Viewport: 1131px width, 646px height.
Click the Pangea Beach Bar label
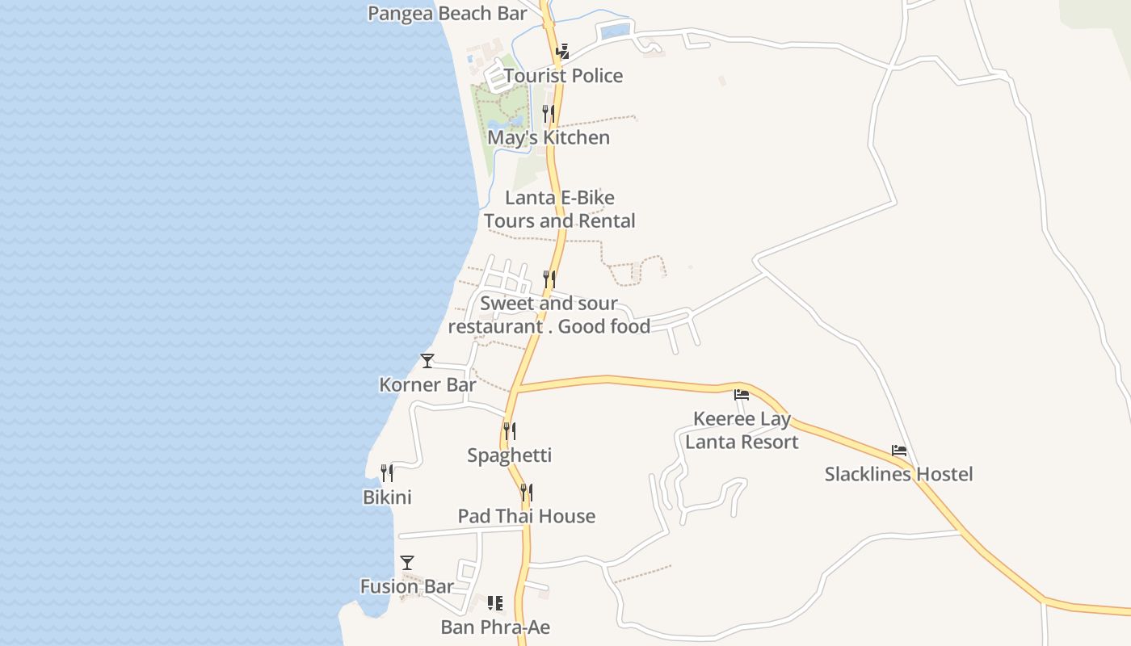(447, 14)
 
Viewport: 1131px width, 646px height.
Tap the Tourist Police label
(563, 76)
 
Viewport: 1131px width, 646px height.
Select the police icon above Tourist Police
(563, 52)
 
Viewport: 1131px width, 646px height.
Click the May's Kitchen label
(549, 137)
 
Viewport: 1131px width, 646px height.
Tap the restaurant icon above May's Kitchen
(549, 113)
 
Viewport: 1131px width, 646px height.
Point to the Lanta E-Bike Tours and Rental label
(559, 209)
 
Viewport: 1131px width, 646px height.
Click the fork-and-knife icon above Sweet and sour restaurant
(549, 279)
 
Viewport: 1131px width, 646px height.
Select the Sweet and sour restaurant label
(549, 315)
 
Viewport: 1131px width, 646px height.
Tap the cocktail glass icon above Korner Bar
(427, 361)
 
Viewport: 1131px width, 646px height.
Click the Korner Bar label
(427, 385)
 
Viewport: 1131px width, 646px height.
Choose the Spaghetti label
(509, 455)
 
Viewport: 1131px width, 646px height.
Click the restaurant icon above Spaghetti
(509, 431)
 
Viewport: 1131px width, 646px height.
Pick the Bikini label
(387, 497)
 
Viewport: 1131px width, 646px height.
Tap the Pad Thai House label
(526, 516)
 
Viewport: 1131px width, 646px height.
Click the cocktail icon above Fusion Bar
(407, 563)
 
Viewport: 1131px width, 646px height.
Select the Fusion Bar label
(407, 587)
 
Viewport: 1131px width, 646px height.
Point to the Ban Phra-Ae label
(495, 627)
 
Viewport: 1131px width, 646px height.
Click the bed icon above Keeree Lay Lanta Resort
(742, 395)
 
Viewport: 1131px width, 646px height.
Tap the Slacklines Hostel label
(898, 474)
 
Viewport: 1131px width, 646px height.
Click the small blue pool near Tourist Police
(616, 31)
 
